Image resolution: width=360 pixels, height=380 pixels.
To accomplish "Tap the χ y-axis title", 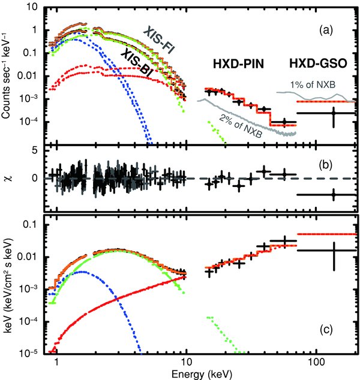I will coord(8,178).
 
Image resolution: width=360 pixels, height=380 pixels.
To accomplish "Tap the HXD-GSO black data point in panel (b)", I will coord(334,195).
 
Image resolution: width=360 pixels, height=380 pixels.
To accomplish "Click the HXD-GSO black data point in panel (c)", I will coord(334,251).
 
